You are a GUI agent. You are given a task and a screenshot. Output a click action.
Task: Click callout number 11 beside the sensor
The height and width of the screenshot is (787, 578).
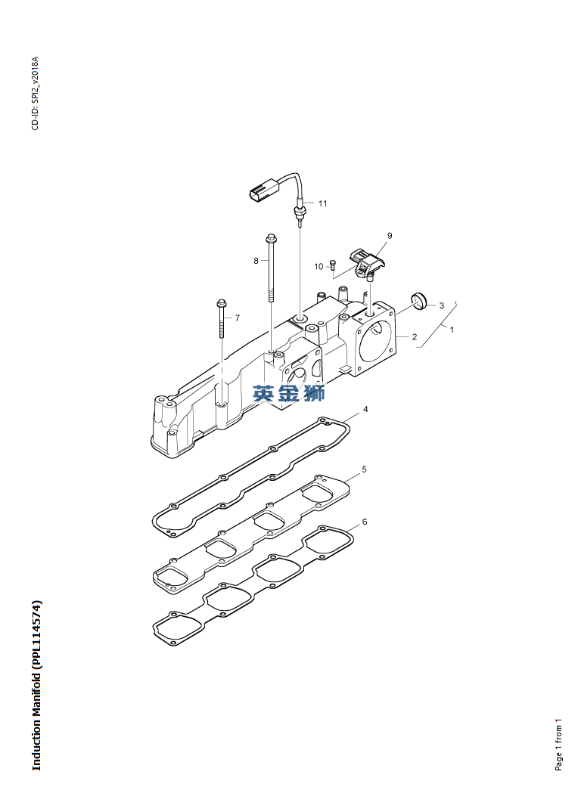[x=322, y=203]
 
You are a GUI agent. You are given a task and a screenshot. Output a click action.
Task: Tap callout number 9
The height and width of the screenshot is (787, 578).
[x=389, y=235]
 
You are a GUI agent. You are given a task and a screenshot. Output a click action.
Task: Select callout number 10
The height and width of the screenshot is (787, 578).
[x=319, y=267]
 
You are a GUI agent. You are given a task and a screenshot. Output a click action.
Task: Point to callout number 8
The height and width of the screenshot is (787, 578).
[x=256, y=261]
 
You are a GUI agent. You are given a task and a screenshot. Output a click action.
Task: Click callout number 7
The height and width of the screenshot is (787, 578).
[x=238, y=318]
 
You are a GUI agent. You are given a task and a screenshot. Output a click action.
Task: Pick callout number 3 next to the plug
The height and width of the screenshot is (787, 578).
[x=441, y=305]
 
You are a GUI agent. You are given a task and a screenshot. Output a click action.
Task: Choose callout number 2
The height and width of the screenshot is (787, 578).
[x=415, y=336]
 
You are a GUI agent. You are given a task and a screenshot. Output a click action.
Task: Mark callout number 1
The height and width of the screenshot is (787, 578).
[x=452, y=330]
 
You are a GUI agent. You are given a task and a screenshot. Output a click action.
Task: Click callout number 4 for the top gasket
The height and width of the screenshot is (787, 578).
[x=365, y=409]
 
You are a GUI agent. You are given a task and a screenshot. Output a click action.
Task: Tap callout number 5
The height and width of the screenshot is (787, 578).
[x=364, y=469]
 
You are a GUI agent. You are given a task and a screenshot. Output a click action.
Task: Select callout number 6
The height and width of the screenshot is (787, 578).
[x=364, y=522]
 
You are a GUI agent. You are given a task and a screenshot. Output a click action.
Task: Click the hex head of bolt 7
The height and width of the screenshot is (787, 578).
[x=222, y=304]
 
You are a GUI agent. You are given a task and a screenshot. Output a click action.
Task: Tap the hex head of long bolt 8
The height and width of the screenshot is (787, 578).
[x=271, y=237]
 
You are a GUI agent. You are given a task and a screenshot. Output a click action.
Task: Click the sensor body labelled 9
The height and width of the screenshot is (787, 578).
[x=366, y=262]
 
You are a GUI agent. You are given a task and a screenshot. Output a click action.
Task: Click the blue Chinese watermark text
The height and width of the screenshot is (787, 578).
[x=288, y=393]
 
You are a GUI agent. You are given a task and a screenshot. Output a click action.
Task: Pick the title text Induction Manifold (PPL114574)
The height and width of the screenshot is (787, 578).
[x=36, y=685]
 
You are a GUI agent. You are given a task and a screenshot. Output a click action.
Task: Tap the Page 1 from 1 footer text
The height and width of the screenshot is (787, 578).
[x=558, y=745]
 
